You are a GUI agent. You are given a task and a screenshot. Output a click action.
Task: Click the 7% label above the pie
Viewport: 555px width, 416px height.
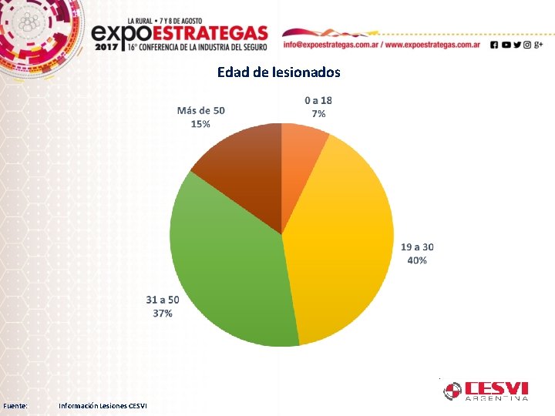coord(318,114)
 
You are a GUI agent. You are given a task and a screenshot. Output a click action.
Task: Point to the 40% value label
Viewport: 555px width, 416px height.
coord(417,260)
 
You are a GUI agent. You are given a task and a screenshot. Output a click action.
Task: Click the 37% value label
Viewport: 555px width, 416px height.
coord(163,314)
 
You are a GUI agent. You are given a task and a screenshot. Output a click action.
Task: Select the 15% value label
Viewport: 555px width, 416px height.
coord(200,124)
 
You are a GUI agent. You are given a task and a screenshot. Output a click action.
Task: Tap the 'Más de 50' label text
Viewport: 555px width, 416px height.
coord(201,110)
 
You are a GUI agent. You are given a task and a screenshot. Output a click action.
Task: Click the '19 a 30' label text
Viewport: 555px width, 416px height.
coord(417,247)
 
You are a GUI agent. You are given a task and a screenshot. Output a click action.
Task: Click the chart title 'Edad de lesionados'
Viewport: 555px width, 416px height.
coord(278,72)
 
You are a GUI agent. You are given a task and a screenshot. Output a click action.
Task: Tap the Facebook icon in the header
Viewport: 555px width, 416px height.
coord(494,45)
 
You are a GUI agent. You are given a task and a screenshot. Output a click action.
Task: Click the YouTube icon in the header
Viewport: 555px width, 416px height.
coord(506,45)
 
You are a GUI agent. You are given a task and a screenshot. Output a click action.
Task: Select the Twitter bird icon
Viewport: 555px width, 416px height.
coord(516,45)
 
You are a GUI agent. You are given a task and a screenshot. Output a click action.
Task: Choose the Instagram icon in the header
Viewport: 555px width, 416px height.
coord(527,45)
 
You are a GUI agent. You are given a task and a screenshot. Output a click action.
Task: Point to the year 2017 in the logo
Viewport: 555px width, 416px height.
coord(107,47)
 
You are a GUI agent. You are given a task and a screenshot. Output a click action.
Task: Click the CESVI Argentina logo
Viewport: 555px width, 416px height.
coord(486,391)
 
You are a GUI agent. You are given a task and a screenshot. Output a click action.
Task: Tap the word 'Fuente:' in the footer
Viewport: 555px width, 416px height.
coord(16,405)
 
